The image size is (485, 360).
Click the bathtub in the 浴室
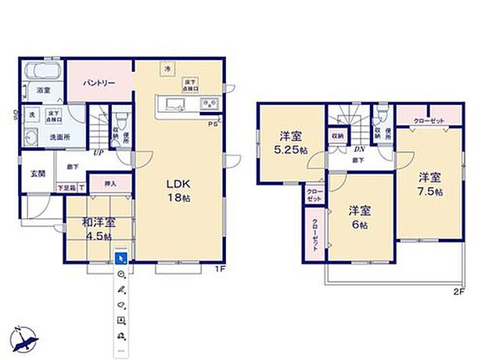[x=39, y=71]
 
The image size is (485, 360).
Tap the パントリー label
[x=97, y=81]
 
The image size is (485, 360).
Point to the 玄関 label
[x=38, y=173]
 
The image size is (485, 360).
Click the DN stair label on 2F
[x=358, y=149]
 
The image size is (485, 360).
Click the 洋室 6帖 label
[x=360, y=217]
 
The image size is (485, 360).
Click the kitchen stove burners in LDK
[x=209, y=103]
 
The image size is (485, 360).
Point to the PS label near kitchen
[x=211, y=124]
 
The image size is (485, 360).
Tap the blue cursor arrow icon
[x=120, y=257]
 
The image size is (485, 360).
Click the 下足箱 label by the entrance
[x=67, y=188]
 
